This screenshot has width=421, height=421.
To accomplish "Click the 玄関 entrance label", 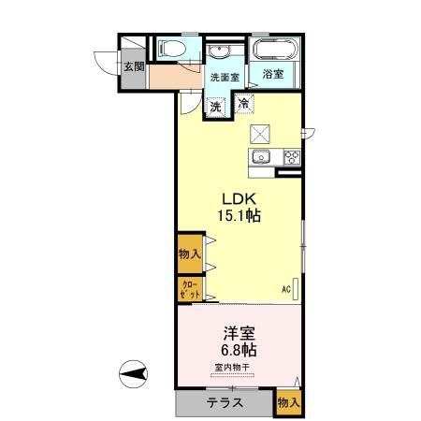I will (x=134, y=66).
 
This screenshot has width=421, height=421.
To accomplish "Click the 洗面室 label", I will (x=225, y=78).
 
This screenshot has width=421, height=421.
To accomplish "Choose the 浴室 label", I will (x=273, y=74).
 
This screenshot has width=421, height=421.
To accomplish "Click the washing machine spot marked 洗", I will (x=216, y=107).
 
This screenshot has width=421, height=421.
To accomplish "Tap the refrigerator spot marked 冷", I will (x=244, y=104).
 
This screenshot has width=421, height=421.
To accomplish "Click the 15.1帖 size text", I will (x=240, y=216).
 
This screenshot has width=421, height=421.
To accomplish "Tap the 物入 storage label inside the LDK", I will (x=189, y=253).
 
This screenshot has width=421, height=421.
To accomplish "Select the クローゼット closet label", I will (x=189, y=289).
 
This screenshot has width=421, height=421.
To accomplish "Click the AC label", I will (x=285, y=289).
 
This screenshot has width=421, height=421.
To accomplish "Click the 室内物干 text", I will (x=238, y=367).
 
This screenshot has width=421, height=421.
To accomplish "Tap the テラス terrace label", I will (x=225, y=403).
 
